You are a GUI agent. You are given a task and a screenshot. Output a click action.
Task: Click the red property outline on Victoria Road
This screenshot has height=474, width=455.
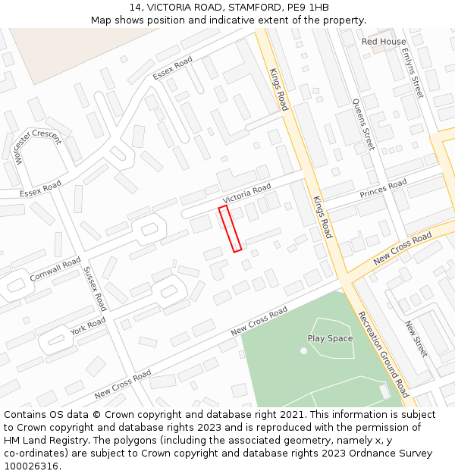[x=230, y=228]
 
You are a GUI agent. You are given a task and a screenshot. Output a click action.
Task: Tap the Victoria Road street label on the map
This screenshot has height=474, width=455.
[x=246, y=193]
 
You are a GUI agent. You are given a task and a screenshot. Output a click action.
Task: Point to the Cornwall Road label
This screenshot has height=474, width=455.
[x=55, y=269]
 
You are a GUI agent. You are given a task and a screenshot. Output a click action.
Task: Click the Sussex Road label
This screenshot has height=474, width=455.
[x=94, y=288]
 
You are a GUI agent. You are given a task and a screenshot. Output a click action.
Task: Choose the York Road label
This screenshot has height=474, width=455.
[x=87, y=327]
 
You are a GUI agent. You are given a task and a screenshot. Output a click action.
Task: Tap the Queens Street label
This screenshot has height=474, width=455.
[x=364, y=124]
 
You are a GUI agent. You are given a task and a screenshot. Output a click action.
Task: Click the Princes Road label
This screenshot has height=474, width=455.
[x=383, y=187]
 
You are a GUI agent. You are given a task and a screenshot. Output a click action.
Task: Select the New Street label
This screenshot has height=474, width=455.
[x=416, y=338]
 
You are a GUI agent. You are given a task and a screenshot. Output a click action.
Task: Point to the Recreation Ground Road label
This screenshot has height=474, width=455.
[x=383, y=354]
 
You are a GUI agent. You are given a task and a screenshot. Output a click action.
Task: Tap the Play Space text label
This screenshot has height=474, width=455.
[x=330, y=338]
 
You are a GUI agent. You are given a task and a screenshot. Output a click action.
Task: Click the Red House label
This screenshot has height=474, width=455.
[x=384, y=42]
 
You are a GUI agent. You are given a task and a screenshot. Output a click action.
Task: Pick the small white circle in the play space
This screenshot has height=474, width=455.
[x=303, y=350]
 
